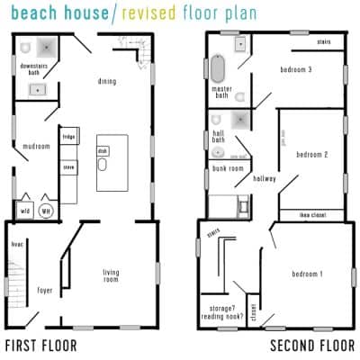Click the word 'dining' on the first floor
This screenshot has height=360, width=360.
(x=107, y=82)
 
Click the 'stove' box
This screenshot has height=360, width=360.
(x=69, y=166)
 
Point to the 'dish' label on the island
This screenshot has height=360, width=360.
(x=103, y=151)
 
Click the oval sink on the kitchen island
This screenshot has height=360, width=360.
(x=103, y=166)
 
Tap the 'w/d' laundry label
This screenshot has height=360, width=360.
(x=25, y=209)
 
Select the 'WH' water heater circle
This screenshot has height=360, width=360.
(x=47, y=209)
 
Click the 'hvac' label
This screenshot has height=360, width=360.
(x=16, y=243)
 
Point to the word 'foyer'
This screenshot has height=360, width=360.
(x=43, y=290)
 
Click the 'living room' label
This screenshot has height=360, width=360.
(x=111, y=275)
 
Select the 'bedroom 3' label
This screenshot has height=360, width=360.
(x=295, y=69)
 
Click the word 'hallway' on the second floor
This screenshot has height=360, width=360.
(x=265, y=178)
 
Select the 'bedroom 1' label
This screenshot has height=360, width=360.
(x=307, y=273)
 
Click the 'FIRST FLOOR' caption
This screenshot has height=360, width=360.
(x=40, y=346)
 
